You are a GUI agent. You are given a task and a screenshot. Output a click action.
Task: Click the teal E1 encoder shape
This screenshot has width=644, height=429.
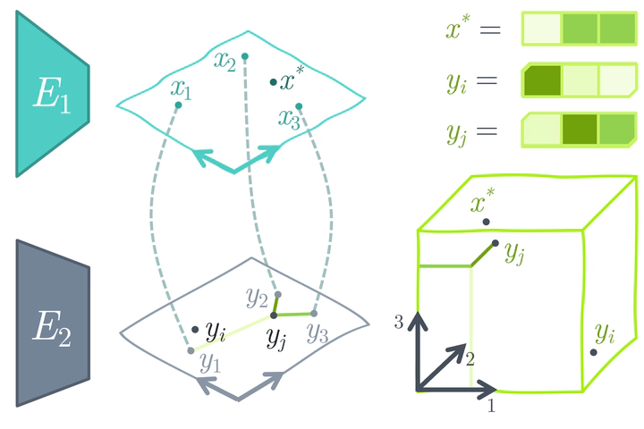click(51, 95)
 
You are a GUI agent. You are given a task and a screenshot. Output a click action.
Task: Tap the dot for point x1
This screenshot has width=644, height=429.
click(178, 105)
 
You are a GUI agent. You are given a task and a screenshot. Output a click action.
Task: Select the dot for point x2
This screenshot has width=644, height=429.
click(245, 56)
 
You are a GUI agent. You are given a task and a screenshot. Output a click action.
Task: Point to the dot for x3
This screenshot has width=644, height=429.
click(299, 106)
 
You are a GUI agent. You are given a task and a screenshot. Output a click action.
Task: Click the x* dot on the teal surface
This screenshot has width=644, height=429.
click(273, 82)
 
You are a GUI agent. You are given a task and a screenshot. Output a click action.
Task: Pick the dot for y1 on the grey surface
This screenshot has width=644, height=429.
click(191, 350)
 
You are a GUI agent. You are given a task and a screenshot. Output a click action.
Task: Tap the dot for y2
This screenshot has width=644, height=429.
click(278, 294)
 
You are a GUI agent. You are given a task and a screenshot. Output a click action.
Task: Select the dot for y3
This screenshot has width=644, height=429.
click(314, 314)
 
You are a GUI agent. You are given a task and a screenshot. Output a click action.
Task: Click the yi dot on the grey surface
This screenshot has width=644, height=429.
click(195, 329)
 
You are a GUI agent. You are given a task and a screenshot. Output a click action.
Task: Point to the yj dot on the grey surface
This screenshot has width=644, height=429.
click(274, 315)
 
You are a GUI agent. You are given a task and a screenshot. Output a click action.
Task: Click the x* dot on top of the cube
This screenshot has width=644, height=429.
click(487, 222)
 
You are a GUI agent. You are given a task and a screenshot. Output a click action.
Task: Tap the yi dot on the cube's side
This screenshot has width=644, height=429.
click(594, 352)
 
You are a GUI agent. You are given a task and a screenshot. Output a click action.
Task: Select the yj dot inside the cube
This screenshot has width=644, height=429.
click(496, 243)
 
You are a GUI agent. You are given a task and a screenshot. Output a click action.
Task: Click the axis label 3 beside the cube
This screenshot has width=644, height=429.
click(398, 323)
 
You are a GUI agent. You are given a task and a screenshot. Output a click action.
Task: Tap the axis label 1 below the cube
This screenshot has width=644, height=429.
click(491, 406)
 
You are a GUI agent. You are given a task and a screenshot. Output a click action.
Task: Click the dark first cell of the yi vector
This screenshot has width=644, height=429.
click(542, 80)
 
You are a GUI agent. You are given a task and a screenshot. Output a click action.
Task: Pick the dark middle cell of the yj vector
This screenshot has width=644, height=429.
click(580, 130)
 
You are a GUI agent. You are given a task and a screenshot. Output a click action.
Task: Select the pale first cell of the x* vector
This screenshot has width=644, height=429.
click(542, 29)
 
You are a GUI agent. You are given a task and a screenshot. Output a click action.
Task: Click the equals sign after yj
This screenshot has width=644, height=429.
click(487, 131)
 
